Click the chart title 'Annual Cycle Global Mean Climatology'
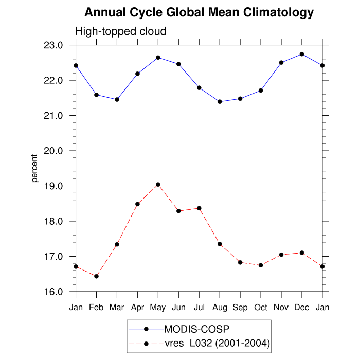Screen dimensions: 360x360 pos(199,12)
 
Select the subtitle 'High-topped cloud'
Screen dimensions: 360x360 pos(121,32)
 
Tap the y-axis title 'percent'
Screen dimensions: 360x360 pos(35,168)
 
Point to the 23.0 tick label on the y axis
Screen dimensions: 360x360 pos(58,45)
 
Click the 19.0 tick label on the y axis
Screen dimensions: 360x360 pos(58,186)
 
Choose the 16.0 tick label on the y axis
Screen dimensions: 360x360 pos(58,292)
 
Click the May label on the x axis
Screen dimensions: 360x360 pos(158,308)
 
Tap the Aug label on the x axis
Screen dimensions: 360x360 pos(220,308)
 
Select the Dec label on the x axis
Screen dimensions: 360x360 pos(302,308)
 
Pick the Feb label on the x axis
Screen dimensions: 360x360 pos(96,308)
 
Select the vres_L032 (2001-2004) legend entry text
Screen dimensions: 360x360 pos(217,343)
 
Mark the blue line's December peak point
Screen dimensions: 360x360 pos(302,54)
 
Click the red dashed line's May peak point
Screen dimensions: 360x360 pos(158,185)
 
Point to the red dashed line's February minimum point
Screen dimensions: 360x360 pos(96,276)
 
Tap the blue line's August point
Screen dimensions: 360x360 pos(220,102)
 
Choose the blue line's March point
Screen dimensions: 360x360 pos(117,99)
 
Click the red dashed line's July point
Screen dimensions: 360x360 pos(199,208)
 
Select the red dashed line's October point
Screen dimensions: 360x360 pos(261,265)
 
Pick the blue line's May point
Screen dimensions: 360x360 pos(158,58)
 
